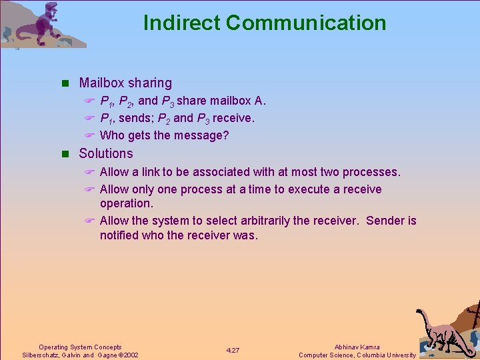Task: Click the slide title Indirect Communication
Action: [265, 23]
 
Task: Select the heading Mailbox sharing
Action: [125, 83]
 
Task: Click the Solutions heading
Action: [106, 153]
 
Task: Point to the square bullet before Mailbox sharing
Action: [65, 83]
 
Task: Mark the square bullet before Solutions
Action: [65, 154]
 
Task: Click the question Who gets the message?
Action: [164, 135]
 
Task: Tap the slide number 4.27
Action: [233, 351]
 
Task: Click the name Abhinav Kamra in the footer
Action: [357, 347]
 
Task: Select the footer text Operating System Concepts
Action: [80, 347]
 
